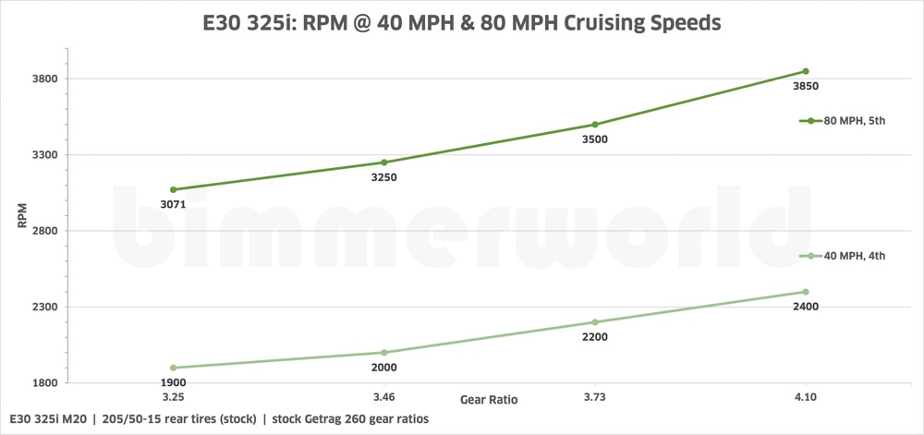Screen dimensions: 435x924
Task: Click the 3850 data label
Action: click(x=806, y=87)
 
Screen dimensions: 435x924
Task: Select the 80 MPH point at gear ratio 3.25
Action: click(x=174, y=189)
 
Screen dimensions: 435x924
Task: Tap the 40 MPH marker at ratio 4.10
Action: click(x=806, y=292)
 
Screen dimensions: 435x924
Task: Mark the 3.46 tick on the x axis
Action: click(x=384, y=396)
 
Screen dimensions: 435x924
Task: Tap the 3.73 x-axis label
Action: click(x=595, y=396)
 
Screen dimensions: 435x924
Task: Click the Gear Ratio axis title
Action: click(x=489, y=401)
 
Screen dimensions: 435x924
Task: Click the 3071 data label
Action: click(x=174, y=205)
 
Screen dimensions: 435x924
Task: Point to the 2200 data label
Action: click(x=595, y=337)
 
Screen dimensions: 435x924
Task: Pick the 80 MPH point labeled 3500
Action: click(x=595, y=125)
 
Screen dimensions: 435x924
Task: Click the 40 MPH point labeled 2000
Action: click(x=384, y=353)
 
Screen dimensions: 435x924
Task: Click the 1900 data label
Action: click(x=174, y=382)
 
